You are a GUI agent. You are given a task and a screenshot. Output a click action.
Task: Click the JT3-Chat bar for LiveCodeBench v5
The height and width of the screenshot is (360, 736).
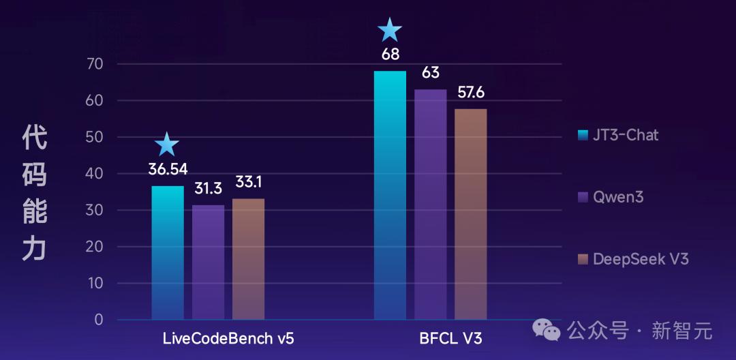168,252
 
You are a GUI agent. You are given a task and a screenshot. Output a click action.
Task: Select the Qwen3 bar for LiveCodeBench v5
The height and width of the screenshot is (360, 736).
208,262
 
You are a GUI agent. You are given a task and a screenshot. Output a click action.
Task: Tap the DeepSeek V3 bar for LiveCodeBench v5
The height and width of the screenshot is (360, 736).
248,259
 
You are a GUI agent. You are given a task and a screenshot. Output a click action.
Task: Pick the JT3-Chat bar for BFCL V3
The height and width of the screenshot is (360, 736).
390,195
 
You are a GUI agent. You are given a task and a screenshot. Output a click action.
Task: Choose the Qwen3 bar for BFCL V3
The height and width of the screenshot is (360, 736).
430,204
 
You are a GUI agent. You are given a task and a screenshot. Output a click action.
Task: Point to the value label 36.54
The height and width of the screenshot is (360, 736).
168,168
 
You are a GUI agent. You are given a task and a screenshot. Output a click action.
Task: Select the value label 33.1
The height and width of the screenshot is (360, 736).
249,183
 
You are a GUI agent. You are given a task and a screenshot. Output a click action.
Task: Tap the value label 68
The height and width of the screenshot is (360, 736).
390,55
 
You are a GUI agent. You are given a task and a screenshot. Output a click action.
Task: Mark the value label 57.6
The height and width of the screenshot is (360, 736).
471,93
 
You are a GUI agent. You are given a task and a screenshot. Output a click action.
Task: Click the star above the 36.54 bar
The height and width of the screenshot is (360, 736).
167,145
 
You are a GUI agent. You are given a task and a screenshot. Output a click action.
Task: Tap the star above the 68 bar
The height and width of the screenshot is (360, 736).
390,30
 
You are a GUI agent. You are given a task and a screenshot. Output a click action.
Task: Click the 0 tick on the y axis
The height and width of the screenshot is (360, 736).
98,319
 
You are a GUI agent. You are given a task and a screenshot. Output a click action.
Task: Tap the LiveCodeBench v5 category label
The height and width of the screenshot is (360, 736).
228,338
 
